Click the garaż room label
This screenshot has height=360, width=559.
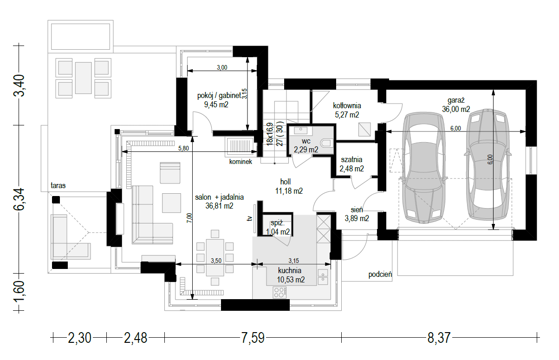pos(456,100)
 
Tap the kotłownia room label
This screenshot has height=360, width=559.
pos(347,105)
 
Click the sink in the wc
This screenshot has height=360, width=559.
pos(301,130)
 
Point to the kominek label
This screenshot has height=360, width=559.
pos(240,162)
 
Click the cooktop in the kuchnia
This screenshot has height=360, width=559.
pos(280,292)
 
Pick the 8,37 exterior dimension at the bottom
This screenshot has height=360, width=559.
pos(439,338)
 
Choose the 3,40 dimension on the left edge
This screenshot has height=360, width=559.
pos(19,85)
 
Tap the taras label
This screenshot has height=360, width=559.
pos(58,185)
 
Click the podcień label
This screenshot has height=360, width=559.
pos(380,275)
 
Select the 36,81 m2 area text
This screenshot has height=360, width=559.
pos(219,206)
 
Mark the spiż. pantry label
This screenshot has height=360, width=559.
pos(278,224)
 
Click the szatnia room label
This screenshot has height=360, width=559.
pos(351,159)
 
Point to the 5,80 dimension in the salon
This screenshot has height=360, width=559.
pos(183,148)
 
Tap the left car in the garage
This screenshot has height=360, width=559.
pos(423,168)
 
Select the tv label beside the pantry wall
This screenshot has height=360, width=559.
pos(249,219)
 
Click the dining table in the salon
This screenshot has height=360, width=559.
pos(215,257)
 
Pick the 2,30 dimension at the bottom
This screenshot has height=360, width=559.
pos(79,338)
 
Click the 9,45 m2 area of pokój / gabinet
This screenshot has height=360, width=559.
pos(216,105)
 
